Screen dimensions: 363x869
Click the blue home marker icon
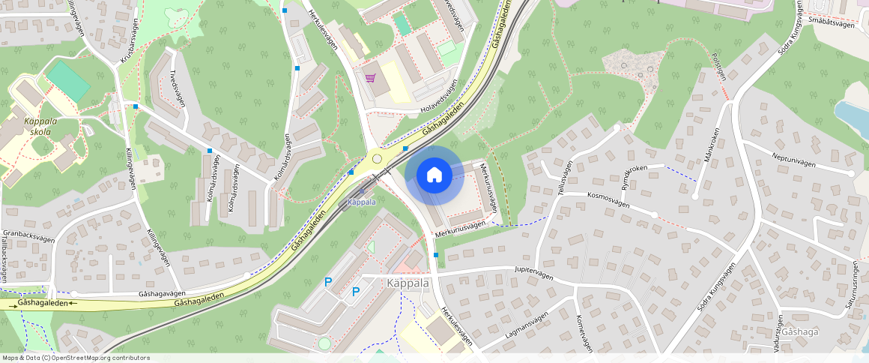pos(434,175)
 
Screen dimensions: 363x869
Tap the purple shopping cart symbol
pos(370,77)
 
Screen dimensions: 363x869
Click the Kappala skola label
pos(37,126)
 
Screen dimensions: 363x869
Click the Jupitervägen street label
pos(533,273)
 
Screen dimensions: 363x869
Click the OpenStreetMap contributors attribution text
pos(76,358)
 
